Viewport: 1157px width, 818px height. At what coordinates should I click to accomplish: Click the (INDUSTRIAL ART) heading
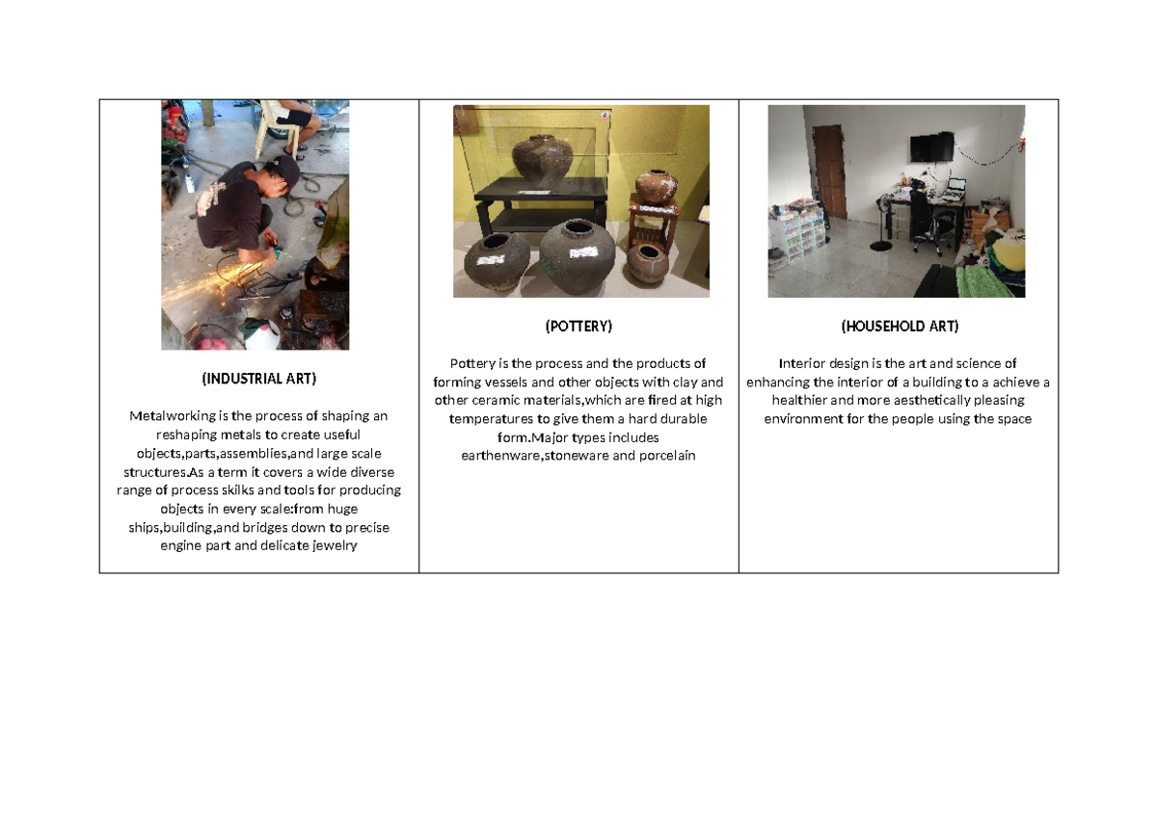[258, 379]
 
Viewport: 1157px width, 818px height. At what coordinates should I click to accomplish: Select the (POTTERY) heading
[578, 327]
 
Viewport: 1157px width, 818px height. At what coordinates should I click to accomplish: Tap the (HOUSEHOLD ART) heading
[899, 327]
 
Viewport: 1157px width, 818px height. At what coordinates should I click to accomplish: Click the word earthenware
[500, 455]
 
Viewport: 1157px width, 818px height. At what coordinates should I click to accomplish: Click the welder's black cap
[286, 169]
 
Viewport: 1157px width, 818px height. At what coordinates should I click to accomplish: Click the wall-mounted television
[931, 147]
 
